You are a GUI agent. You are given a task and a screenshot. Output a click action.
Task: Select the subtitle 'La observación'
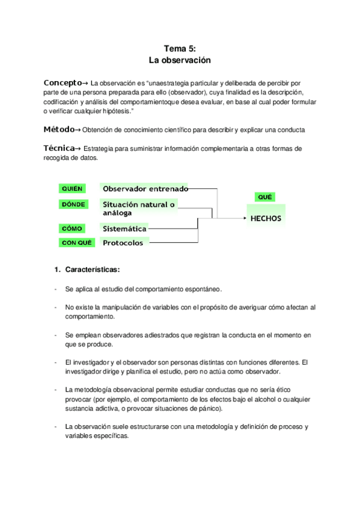tap(180, 61)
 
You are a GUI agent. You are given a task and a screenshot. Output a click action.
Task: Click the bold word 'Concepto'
tap(61, 82)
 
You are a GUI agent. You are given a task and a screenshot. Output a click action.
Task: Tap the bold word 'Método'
tap(59, 129)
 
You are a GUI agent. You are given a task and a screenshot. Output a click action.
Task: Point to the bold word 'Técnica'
tap(59, 148)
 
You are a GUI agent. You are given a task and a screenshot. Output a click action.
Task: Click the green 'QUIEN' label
tap(72, 188)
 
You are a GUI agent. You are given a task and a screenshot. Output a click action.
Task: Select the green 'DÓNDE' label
tap(73, 204)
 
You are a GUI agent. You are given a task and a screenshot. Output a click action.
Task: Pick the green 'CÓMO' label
tap(72, 229)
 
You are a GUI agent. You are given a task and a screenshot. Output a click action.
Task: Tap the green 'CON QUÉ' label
tap(76, 243)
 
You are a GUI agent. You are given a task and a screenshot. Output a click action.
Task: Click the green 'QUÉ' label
tap(264, 197)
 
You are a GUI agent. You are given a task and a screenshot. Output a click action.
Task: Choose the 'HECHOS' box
tap(265, 218)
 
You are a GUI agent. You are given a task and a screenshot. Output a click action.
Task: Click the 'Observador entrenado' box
tap(144, 188)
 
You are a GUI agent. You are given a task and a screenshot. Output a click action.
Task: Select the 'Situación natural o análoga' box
tap(139, 208)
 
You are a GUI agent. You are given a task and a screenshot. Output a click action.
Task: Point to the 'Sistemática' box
tap(124, 229)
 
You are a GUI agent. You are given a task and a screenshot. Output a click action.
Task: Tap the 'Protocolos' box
tap(123, 243)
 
